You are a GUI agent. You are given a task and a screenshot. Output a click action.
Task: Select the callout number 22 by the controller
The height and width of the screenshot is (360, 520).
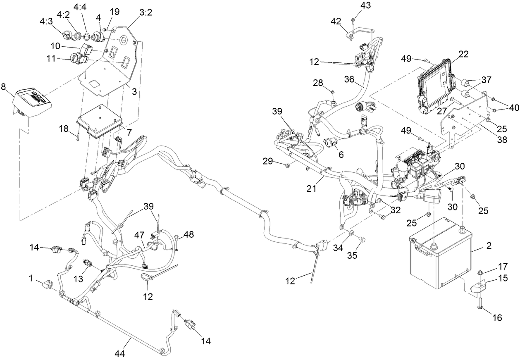[463, 54]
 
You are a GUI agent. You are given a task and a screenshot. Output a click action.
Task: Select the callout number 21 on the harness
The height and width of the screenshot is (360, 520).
[311, 189]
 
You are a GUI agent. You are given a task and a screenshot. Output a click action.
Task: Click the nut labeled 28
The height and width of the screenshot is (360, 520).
[332, 91]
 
